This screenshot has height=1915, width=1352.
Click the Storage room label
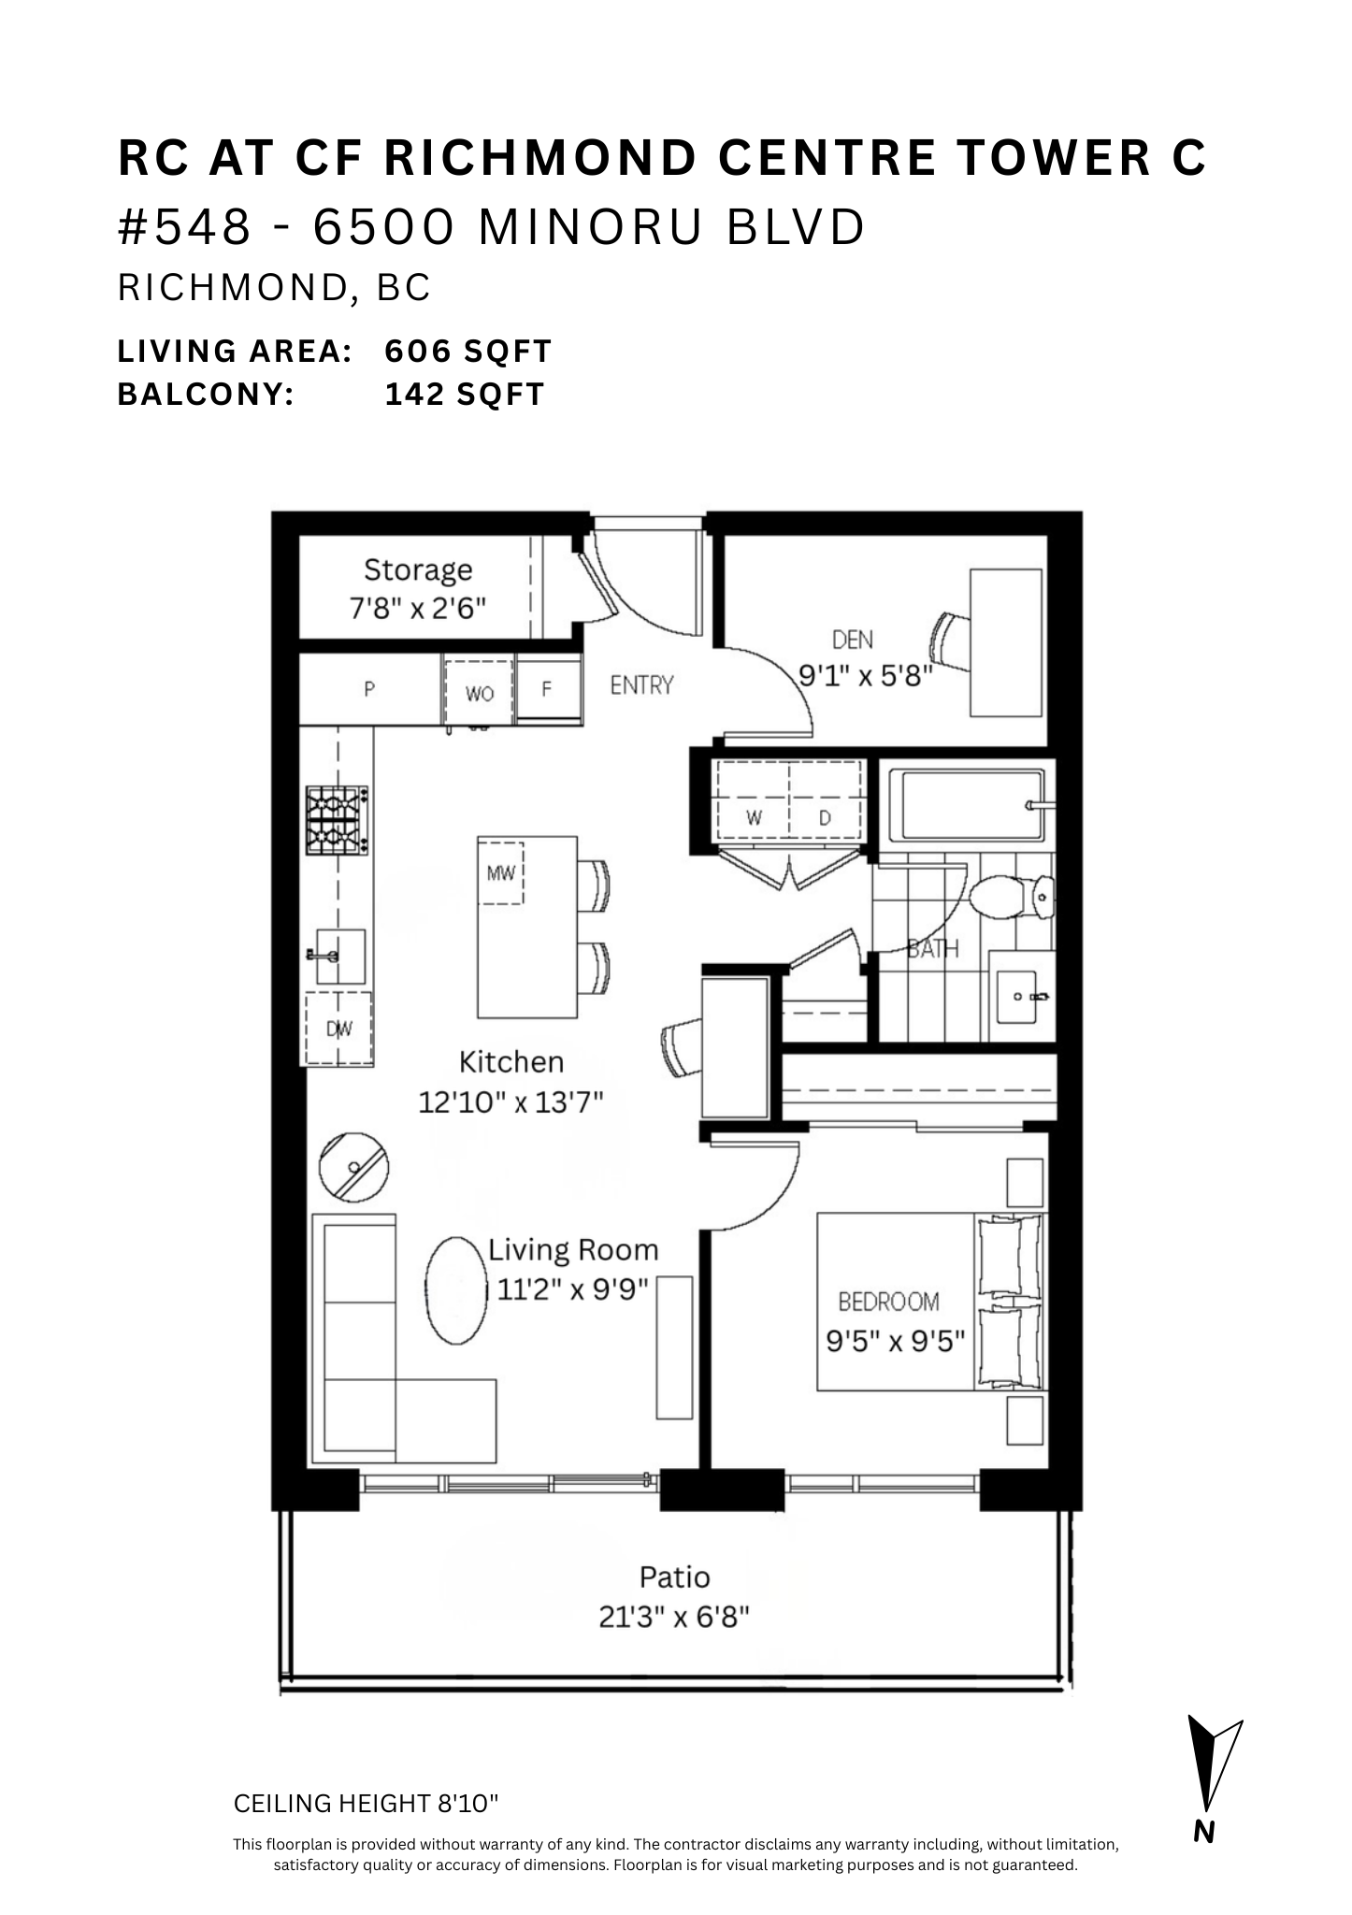click(x=417, y=569)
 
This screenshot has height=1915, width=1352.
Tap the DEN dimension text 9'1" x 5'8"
click(x=866, y=675)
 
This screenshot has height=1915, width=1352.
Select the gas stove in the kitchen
click(x=337, y=820)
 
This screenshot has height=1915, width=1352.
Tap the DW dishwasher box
click(x=338, y=1028)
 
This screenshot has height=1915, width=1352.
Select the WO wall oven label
click(x=480, y=694)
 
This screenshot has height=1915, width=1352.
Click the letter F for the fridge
click(x=547, y=689)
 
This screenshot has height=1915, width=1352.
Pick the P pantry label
click(x=369, y=690)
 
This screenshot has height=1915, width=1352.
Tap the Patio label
click(x=674, y=1577)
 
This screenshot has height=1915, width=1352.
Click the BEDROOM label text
click(x=887, y=1301)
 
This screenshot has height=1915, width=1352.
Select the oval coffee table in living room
click(x=456, y=1290)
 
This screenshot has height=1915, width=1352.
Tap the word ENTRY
click(x=641, y=685)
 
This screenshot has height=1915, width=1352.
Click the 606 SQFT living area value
click(x=468, y=352)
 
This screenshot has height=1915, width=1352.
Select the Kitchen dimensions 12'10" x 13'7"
click(x=511, y=1102)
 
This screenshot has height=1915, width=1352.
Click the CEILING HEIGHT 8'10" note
click(x=367, y=1804)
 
